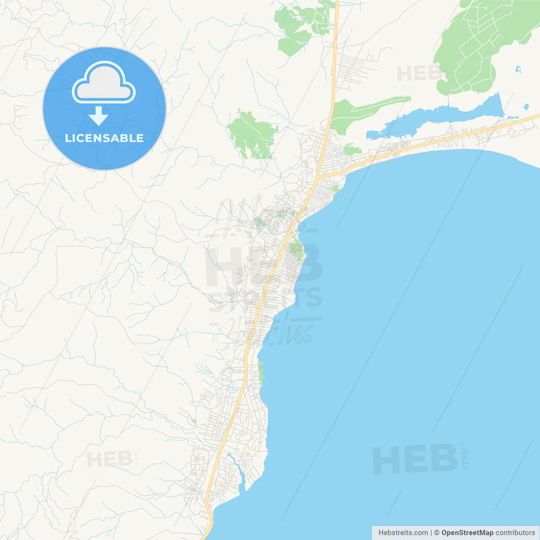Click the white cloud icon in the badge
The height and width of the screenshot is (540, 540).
point(104,83)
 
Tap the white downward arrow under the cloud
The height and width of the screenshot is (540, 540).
point(99,116)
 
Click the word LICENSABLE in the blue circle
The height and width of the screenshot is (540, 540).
point(104,138)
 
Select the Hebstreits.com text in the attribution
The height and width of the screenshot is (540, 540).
point(403,533)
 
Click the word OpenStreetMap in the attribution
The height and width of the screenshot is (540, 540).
point(467,533)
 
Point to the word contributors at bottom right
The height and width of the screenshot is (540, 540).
point(515,533)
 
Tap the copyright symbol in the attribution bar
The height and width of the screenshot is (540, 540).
point(437,533)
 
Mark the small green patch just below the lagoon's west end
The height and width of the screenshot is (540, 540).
point(351,149)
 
